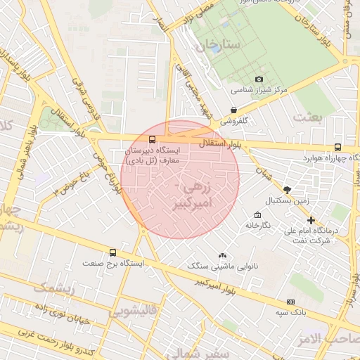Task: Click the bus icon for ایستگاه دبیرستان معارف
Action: click(x=153, y=139)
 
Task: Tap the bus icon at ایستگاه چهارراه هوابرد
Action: click(x=338, y=147)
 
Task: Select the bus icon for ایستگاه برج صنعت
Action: click(x=112, y=252)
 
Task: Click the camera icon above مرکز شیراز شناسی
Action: click(x=259, y=79)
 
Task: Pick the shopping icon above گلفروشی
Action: click(x=233, y=110)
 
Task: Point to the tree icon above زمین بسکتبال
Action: click(x=287, y=189)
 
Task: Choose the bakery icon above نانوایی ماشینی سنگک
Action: click(x=223, y=256)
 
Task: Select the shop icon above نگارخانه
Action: click(x=257, y=214)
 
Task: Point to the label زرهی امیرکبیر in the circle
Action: click(x=192, y=196)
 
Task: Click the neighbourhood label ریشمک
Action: click(x=52, y=287)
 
